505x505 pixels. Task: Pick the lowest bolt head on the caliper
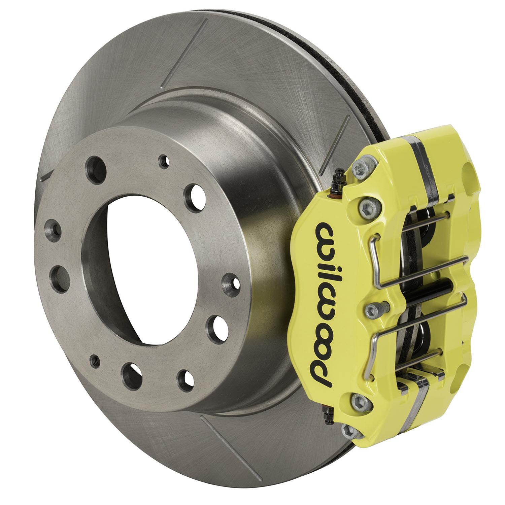click(x=347, y=429)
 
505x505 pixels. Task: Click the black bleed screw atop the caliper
click(x=336, y=180)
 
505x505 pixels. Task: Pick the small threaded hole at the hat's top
click(x=164, y=159)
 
